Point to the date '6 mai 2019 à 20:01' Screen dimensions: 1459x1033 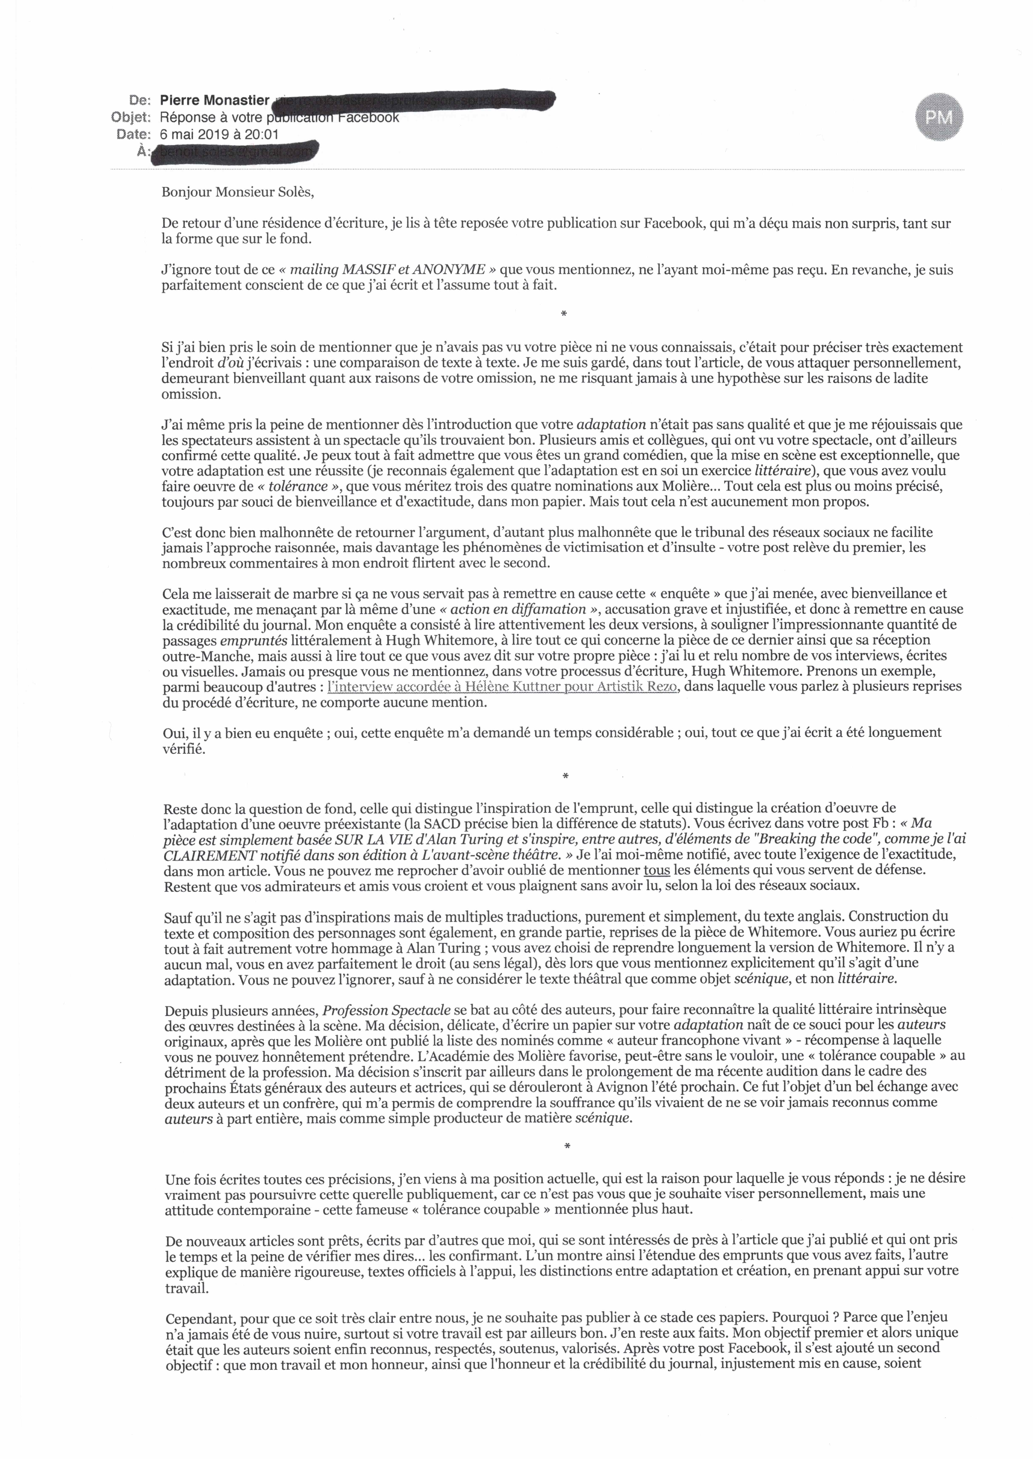coord(219,134)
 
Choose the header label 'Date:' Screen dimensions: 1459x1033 coord(134,134)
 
